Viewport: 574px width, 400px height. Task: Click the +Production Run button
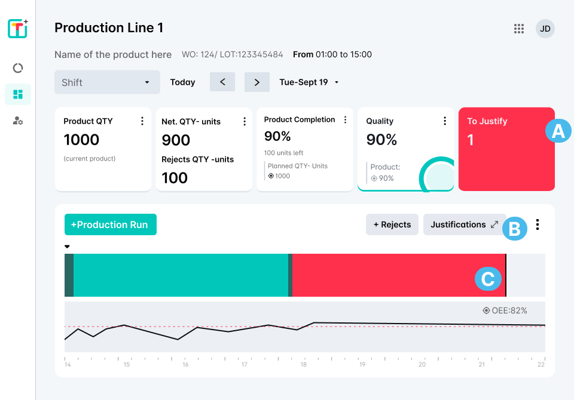110,224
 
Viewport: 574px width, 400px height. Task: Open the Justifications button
465,224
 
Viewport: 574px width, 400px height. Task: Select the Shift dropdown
107,82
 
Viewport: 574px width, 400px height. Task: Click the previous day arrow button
222,82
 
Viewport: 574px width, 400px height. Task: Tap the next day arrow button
257,82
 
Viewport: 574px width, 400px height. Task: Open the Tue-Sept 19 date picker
309,82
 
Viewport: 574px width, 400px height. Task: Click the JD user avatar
545,28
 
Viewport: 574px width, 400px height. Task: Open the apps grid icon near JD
519,28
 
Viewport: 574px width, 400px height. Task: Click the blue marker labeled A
558,131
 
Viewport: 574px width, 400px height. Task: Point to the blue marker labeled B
514,228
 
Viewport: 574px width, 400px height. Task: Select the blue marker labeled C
488,279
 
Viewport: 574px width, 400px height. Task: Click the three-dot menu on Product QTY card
142,121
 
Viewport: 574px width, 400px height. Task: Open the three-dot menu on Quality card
445,121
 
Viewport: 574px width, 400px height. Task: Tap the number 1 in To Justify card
471,140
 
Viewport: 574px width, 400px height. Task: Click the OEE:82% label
505,310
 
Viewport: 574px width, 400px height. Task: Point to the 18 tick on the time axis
304,365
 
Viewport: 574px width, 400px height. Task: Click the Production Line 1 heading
109,28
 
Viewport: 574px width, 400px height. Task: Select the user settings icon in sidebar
18,121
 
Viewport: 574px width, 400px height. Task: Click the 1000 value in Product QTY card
81,140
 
